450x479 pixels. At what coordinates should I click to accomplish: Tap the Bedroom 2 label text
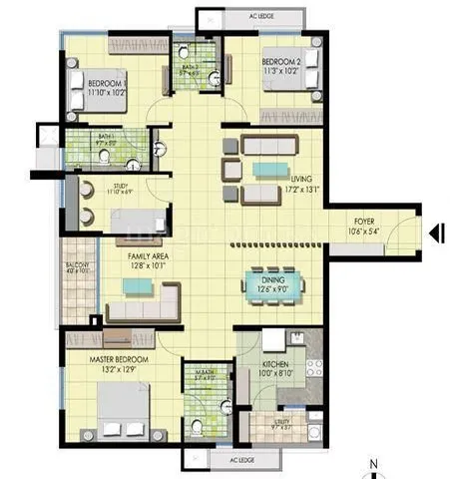click(x=282, y=65)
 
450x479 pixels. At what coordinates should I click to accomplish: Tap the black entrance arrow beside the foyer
click(x=436, y=234)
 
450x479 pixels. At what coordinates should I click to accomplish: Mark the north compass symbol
click(x=373, y=466)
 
